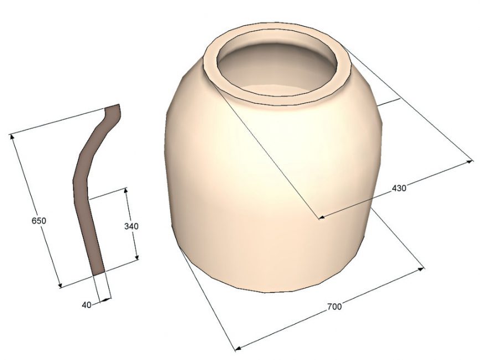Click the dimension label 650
(38, 220)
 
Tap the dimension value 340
(131, 227)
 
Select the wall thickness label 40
(86, 304)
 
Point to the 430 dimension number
(399, 188)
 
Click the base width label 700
(334, 306)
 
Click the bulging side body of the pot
(266, 183)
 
